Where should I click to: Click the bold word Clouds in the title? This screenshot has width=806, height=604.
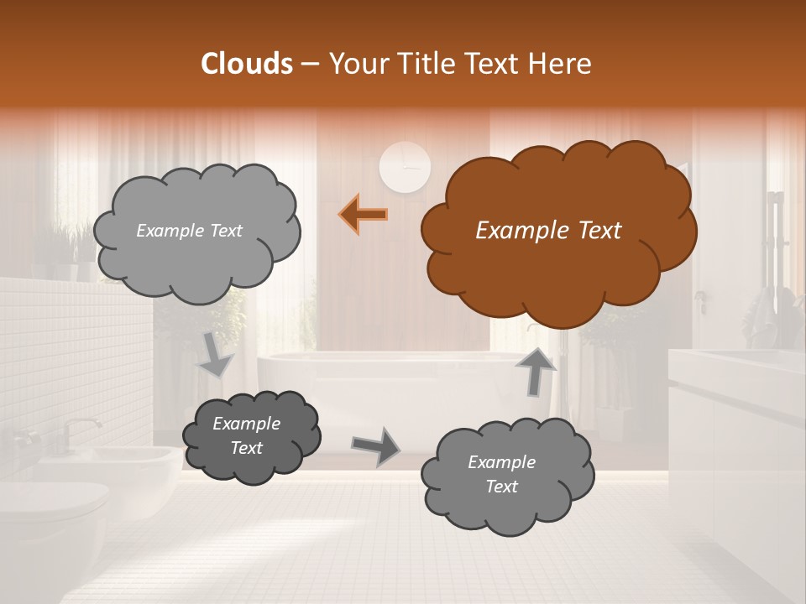click(247, 64)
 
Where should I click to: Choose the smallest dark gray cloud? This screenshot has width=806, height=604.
click(251, 436)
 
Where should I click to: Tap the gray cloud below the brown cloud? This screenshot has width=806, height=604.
click(507, 475)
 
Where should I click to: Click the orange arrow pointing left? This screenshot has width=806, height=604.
click(364, 215)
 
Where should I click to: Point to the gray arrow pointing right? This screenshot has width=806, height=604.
click(375, 445)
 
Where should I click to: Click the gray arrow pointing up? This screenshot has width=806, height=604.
click(535, 370)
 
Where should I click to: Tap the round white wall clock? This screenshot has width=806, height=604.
click(405, 167)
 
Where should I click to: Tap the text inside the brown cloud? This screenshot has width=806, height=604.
click(548, 231)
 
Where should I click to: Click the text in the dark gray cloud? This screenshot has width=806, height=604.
click(246, 436)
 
